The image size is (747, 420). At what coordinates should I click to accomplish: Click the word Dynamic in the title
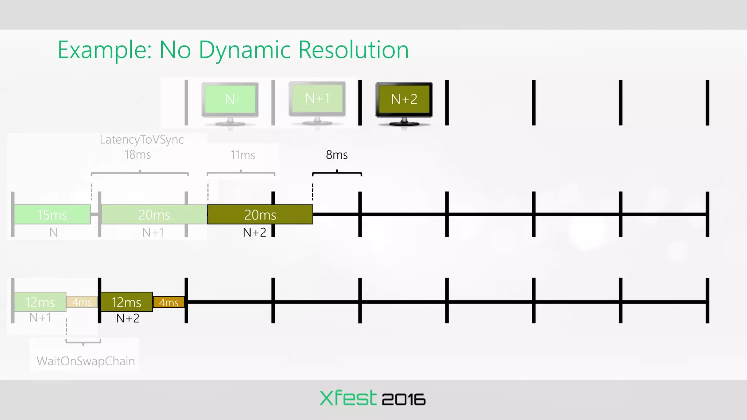[248, 50]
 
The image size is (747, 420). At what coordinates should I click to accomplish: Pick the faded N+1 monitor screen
[317, 98]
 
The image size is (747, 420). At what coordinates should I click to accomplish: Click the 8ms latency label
[336, 155]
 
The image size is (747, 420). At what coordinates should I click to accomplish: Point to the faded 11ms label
[243, 155]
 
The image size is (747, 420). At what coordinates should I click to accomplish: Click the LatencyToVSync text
[142, 139]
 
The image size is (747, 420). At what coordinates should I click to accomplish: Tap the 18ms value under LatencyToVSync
[138, 155]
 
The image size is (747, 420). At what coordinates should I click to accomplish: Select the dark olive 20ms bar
[260, 214]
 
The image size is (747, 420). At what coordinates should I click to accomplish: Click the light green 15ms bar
[52, 214]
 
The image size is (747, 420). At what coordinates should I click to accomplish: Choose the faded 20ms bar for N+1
[154, 214]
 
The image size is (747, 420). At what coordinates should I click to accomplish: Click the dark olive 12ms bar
[126, 302]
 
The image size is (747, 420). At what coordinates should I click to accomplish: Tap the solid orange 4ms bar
[169, 302]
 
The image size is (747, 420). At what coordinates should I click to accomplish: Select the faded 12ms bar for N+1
[40, 302]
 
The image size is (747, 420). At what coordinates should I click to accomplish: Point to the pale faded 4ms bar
[82, 302]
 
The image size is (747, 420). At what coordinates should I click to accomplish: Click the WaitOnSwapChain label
[86, 361]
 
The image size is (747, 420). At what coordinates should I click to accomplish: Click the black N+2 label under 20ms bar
[254, 232]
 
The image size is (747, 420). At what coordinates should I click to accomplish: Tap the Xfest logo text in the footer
[348, 398]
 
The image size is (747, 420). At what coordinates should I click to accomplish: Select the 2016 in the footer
[403, 400]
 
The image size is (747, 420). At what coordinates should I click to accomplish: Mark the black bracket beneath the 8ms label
[337, 173]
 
